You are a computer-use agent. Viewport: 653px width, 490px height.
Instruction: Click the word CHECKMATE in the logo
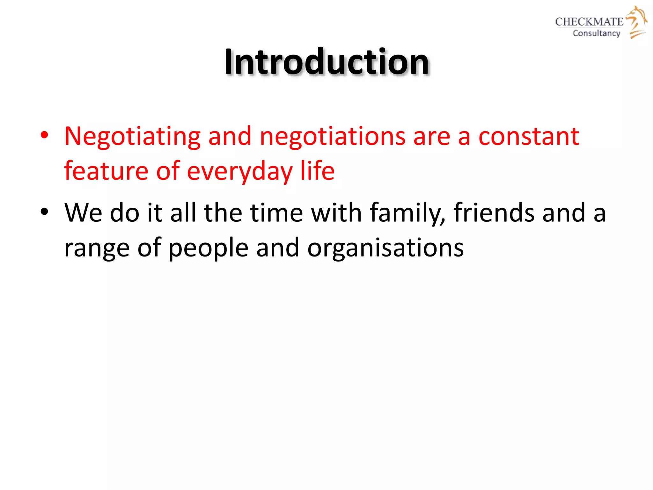point(589,22)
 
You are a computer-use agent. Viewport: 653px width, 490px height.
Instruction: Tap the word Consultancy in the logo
point(596,33)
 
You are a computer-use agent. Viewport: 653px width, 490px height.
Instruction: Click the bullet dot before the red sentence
point(44,135)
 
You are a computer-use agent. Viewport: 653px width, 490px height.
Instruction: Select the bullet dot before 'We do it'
point(44,212)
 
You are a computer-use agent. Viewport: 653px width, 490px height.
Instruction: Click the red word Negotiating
point(132,137)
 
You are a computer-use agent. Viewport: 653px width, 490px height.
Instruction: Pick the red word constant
point(529,137)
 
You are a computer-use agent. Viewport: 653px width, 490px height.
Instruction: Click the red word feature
point(106,171)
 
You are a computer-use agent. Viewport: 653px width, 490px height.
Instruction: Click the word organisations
point(385,248)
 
